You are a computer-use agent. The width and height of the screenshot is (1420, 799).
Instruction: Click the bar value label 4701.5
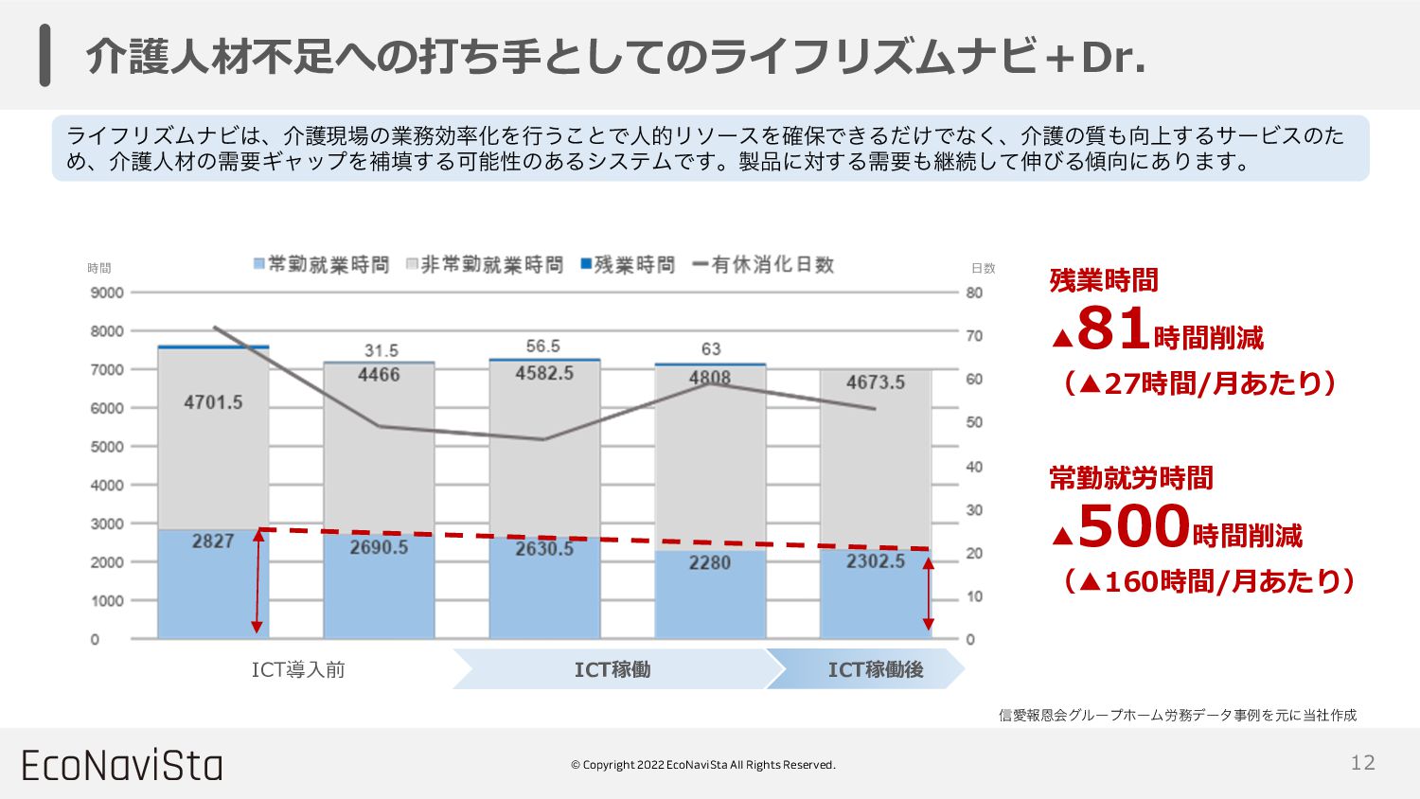click(x=213, y=402)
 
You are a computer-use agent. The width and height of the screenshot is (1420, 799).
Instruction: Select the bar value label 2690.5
click(x=379, y=547)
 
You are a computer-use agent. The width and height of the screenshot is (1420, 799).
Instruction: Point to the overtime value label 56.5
click(x=543, y=346)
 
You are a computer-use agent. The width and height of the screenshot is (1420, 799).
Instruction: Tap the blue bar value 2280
click(x=709, y=562)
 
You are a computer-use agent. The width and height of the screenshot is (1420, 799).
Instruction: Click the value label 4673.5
click(x=875, y=382)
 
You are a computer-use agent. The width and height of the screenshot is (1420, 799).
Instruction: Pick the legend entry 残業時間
click(x=629, y=265)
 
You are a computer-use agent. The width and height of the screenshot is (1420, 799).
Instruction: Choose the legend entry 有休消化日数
click(x=764, y=265)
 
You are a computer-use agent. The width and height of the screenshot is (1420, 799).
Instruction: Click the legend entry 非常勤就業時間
click(x=485, y=265)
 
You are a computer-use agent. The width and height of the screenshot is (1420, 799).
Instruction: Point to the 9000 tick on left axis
click(x=107, y=293)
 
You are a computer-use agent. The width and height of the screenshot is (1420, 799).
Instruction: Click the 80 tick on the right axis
click(x=974, y=293)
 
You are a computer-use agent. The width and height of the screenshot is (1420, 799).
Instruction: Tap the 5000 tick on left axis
click(x=107, y=447)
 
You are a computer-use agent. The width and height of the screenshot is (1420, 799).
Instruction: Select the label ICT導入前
click(x=298, y=669)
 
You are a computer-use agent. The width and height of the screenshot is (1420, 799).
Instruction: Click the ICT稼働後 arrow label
click(x=875, y=669)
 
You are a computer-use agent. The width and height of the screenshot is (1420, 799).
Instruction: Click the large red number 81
click(x=1113, y=328)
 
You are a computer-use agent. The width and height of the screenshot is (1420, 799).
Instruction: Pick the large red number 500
click(x=1133, y=526)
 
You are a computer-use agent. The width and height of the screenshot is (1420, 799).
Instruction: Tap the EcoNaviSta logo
click(x=122, y=765)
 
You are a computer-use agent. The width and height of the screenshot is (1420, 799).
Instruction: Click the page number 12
click(x=1362, y=763)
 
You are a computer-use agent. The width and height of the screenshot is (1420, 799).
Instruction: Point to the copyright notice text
click(x=702, y=765)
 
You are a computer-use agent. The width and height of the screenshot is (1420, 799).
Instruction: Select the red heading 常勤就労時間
click(x=1130, y=478)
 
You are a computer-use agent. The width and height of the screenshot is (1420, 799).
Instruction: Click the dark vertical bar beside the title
click(x=44, y=57)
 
